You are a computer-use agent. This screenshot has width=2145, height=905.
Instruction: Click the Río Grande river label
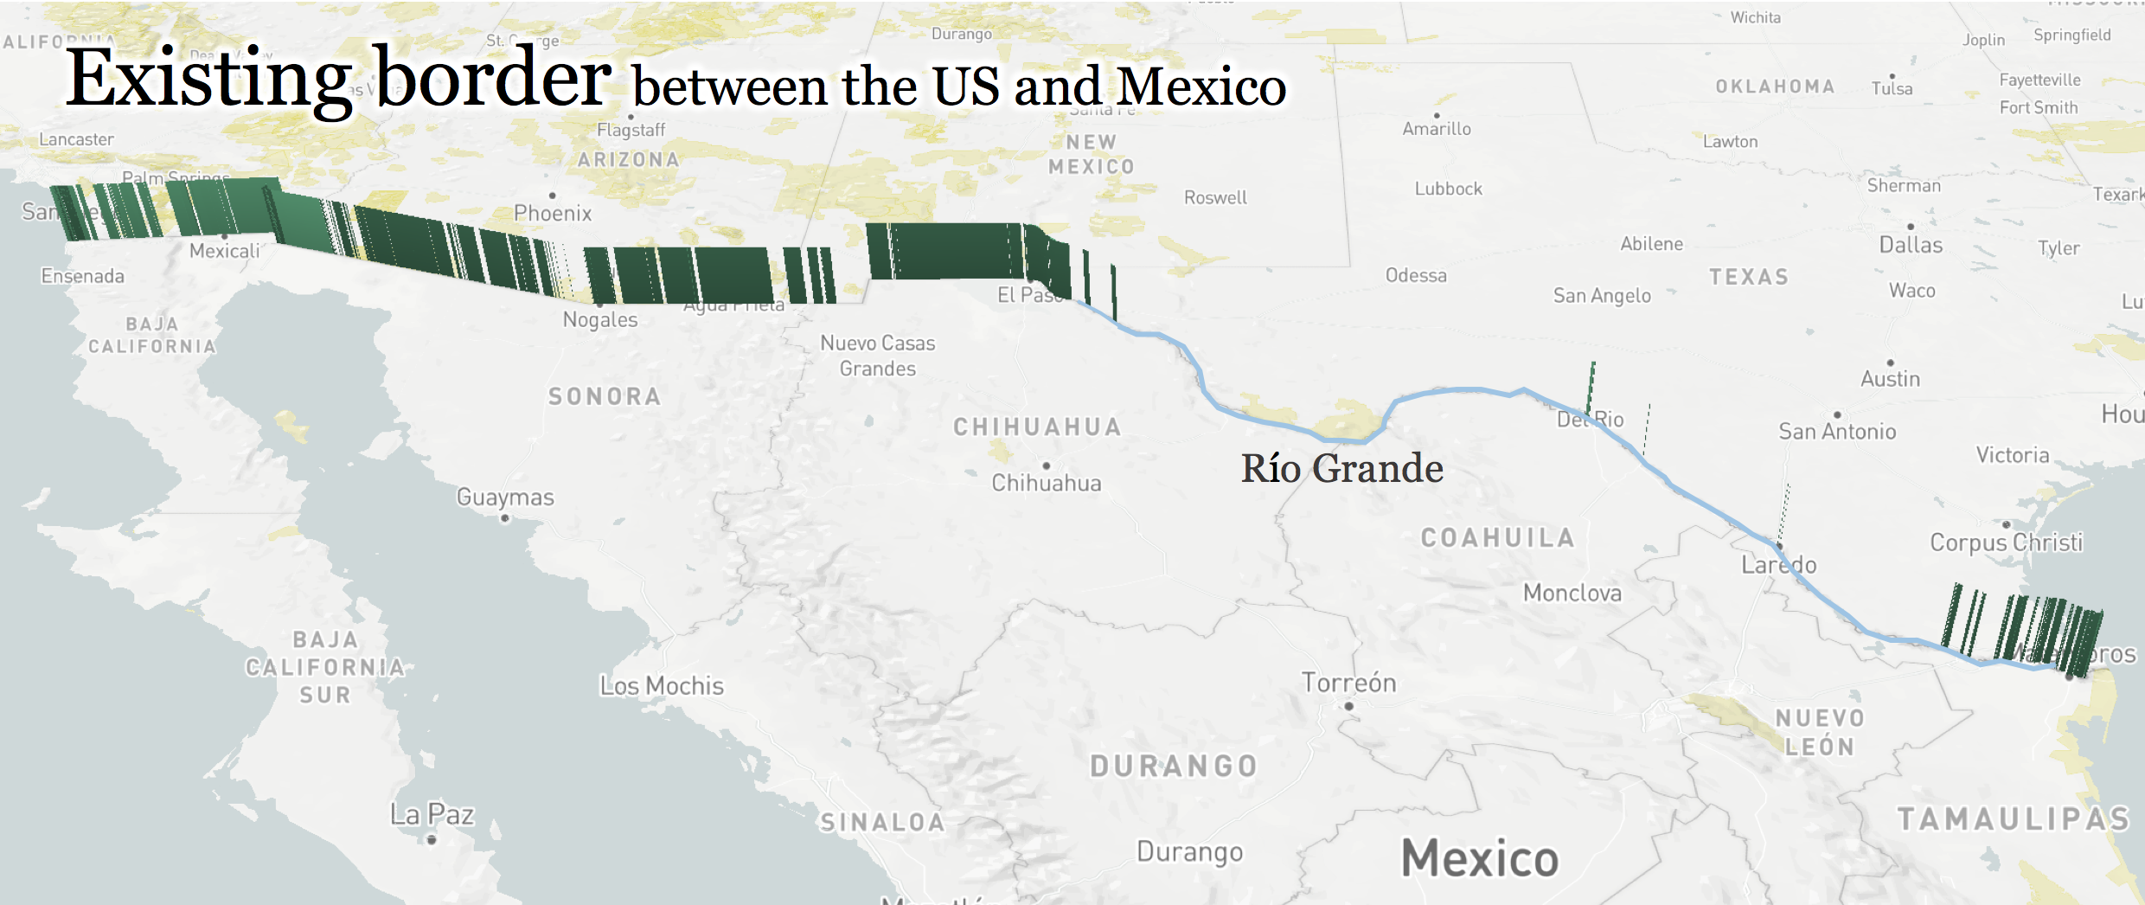1341,469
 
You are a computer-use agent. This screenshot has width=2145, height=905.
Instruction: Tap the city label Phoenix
553,213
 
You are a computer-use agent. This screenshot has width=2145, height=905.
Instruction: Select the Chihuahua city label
1046,483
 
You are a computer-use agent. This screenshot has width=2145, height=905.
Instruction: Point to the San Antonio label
1837,431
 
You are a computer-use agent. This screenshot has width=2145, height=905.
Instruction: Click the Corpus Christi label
2006,542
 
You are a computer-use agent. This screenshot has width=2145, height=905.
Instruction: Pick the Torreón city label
1348,683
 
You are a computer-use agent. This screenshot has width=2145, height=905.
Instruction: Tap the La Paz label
432,814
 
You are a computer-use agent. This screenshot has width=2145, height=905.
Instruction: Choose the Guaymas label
505,497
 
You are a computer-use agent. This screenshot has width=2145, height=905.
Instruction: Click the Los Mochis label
662,685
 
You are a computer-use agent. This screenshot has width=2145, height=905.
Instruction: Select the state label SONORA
605,396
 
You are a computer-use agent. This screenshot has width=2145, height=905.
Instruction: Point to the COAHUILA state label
1497,537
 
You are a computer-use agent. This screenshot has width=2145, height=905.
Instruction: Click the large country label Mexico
1479,858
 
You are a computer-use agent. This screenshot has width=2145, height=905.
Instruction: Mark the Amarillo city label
1436,129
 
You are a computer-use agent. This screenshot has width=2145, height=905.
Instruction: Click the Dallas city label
1911,245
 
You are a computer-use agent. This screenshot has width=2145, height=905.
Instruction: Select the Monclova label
1572,593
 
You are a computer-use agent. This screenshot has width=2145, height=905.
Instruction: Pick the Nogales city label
600,319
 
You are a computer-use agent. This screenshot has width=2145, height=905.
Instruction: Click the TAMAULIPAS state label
2013,818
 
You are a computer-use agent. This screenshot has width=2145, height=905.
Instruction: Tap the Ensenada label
83,276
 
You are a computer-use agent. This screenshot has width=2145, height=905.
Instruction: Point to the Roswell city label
1215,197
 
